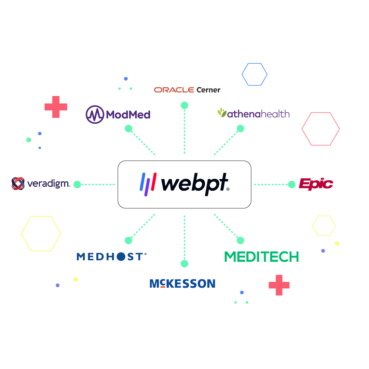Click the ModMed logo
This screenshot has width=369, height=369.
[x=118, y=114]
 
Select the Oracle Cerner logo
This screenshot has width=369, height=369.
[x=187, y=90]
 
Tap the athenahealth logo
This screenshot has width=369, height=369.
[x=253, y=113]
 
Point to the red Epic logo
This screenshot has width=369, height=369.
[x=316, y=184]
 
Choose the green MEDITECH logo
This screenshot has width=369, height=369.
[x=261, y=257]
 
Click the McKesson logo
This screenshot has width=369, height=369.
[x=182, y=284]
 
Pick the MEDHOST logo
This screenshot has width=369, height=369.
[x=111, y=257]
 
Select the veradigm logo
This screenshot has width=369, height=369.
[x=41, y=183]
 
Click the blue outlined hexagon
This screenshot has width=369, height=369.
[x=255, y=74]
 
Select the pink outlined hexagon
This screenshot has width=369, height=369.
[x=320, y=129]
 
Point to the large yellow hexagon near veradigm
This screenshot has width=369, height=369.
[x=41, y=234]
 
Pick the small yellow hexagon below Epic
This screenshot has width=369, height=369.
[x=324, y=226]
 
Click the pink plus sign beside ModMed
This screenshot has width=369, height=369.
[x=56, y=107]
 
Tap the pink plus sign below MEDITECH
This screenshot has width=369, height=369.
[x=279, y=285]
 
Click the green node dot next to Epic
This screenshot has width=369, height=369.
[x=292, y=184]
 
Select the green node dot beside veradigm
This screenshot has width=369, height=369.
[x=77, y=184]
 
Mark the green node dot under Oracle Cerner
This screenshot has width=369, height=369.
[x=184, y=105]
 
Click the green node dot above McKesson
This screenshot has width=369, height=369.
[x=184, y=264]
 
